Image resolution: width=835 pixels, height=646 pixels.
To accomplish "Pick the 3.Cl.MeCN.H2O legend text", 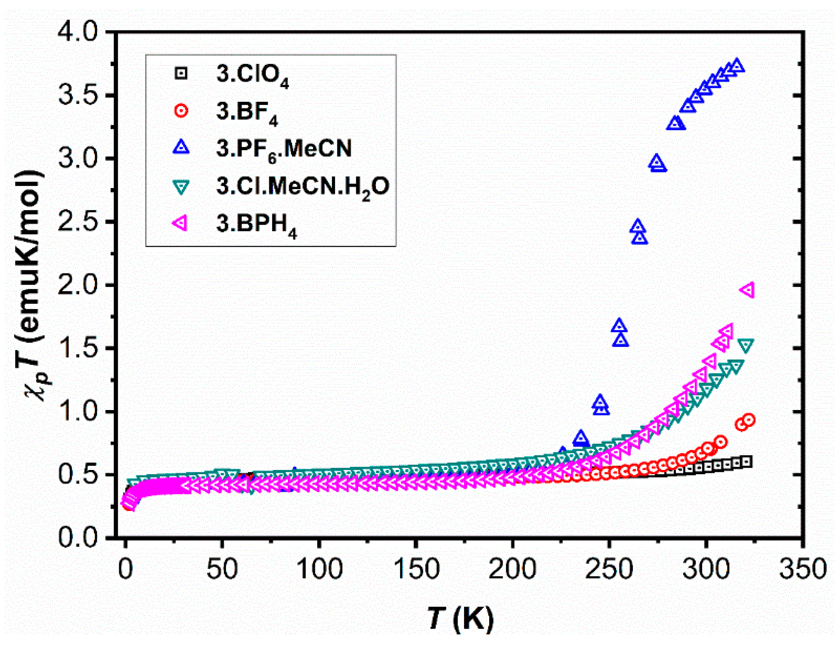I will click(302, 187).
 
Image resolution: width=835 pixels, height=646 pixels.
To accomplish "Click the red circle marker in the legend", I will click(181, 111).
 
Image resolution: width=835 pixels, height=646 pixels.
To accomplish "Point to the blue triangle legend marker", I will click(181, 147).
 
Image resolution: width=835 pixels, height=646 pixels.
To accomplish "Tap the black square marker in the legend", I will click(181, 73).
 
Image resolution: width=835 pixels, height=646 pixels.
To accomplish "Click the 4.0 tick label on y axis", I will click(77, 32).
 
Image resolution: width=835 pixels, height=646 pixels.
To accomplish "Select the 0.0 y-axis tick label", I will click(77, 538).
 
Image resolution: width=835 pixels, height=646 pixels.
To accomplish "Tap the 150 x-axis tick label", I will click(416, 569).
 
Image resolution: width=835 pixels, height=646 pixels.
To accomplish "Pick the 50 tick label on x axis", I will click(222, 569).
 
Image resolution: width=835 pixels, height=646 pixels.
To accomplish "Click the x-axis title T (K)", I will click(461, 618).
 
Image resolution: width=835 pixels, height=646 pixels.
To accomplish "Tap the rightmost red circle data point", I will click(749, 420).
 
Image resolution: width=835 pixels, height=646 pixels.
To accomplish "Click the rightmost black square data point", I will click(747, 461).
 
